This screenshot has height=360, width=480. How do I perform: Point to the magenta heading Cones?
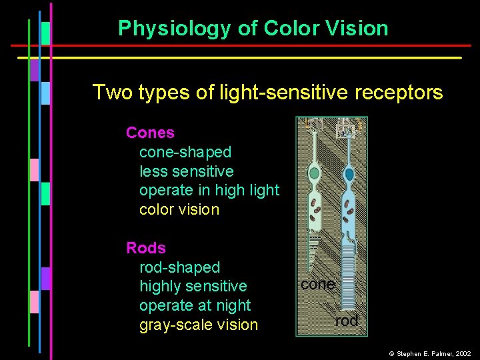(x=150, y=133)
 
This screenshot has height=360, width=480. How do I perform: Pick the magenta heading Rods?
(x=146, y=248)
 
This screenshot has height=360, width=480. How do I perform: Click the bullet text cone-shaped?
(x=185, y=152)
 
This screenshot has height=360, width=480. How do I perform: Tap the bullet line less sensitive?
(x=187, y=171)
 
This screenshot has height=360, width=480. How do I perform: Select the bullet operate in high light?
(x=209, y=191)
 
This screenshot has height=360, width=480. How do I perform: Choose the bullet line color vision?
(x=179, y=209)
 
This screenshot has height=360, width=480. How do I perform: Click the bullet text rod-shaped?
(x=179, y=267)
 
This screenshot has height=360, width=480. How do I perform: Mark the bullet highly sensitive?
(x=193, y=287)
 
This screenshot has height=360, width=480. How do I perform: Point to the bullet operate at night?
(x=195, y=305)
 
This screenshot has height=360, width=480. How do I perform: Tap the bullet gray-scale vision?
(x=198, y=325)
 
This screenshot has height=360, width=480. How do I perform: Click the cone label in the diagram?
(x=317, y=284)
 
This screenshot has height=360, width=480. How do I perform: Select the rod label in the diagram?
(x=347, y=321)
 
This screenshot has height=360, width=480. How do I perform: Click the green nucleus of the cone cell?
(x=315, y=174)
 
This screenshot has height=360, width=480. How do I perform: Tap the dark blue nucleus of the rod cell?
(x=349, y=174)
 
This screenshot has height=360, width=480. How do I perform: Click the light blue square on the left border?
(x=45, y=93)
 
